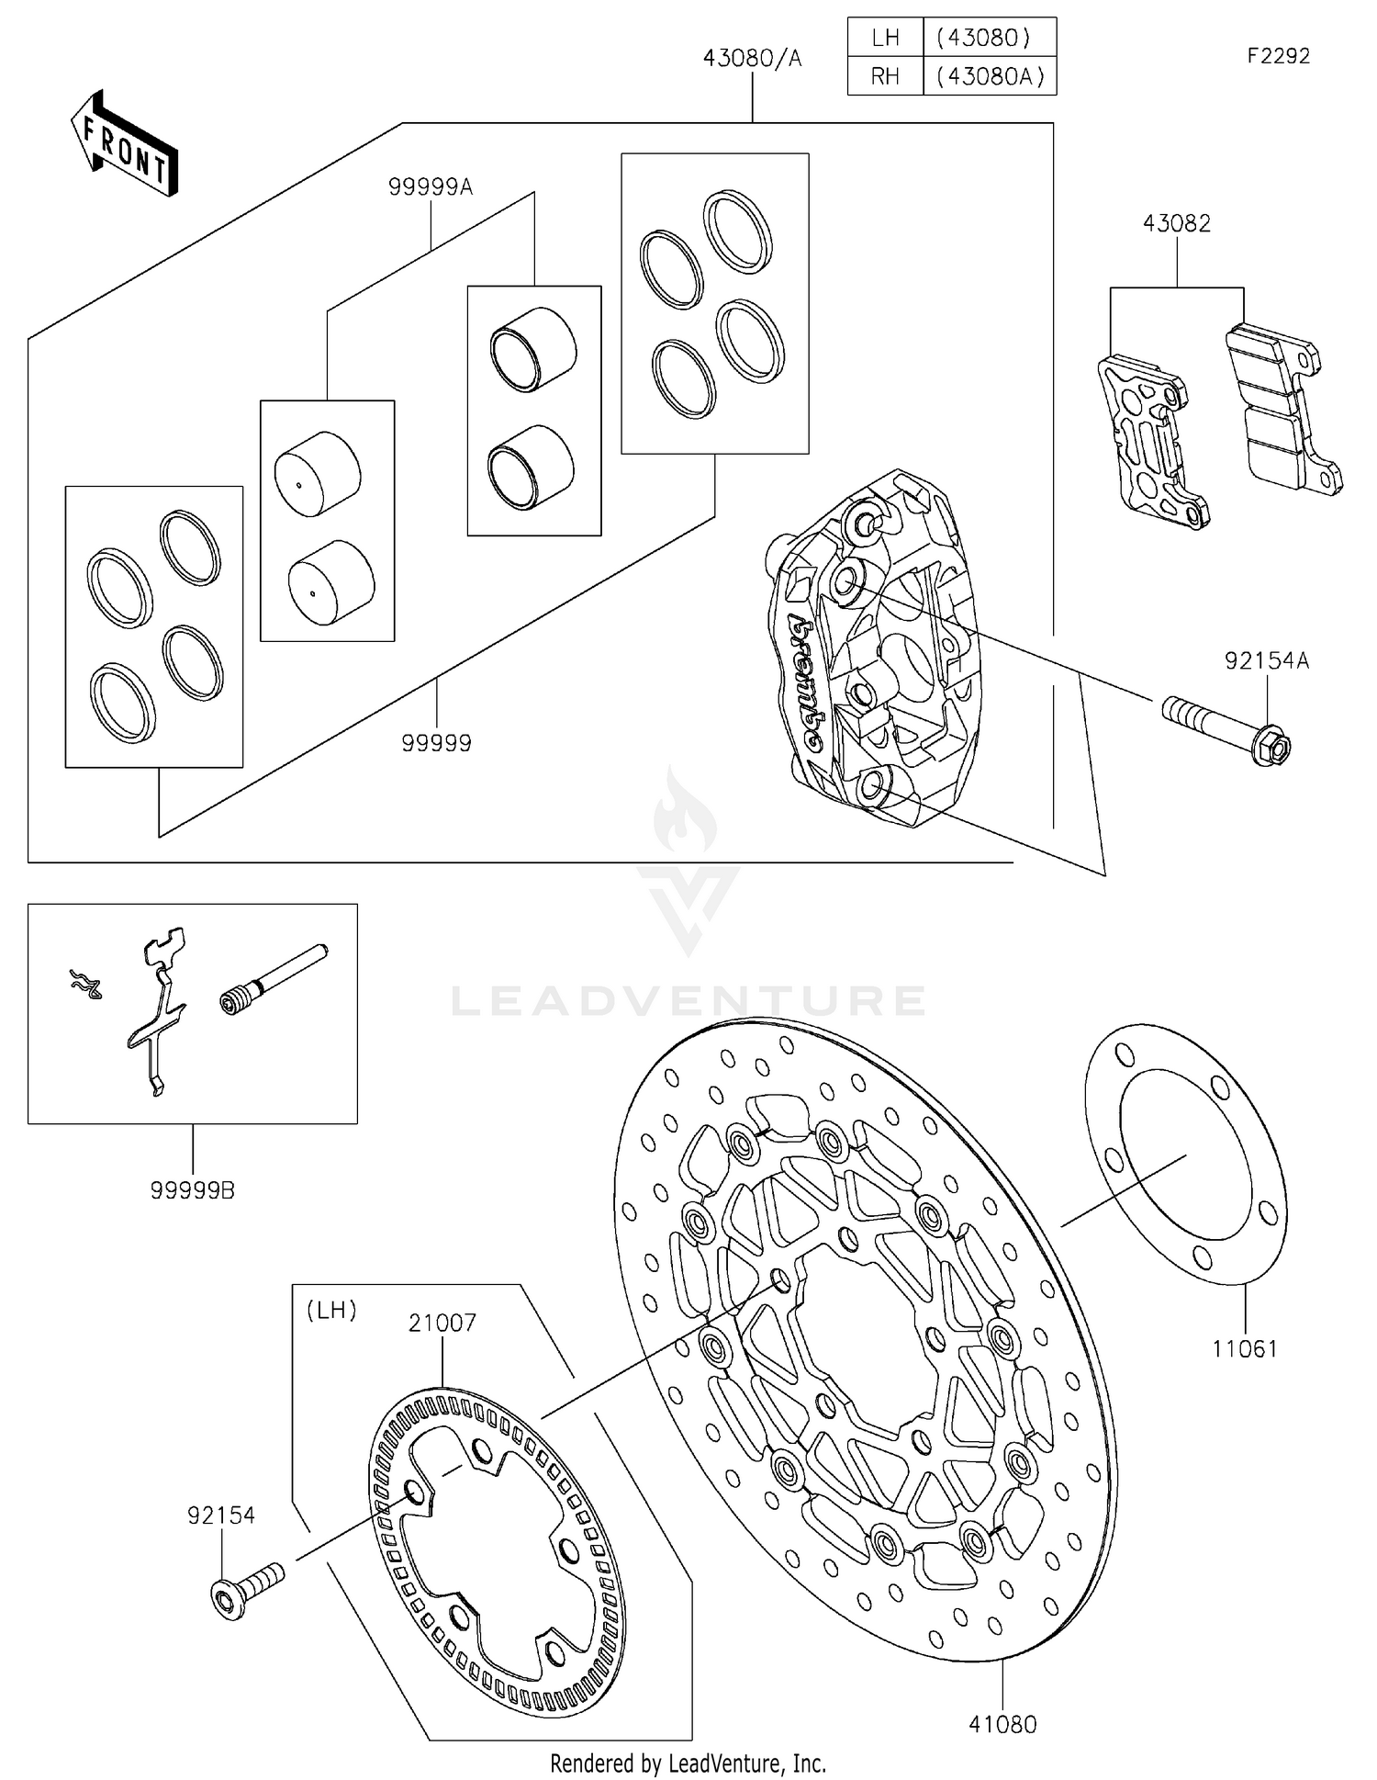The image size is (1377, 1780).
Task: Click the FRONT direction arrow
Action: point(124,144)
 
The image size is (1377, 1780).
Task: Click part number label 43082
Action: point(1176,223)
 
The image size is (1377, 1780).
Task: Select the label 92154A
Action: point(1266,660)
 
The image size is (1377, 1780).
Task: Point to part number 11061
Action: point(1244,1349)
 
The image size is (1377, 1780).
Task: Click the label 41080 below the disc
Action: point(1002,1725)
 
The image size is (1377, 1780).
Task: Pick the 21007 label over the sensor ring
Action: point(442,1323)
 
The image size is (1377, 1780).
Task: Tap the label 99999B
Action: point(192,1190)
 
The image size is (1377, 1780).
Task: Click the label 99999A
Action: point(430,187)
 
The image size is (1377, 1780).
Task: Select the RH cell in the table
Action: point(885,76)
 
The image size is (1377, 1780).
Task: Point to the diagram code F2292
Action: point(1277,56)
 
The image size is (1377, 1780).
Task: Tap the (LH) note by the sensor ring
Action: point(330,1310)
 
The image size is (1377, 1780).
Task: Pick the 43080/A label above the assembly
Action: point(752,59)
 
